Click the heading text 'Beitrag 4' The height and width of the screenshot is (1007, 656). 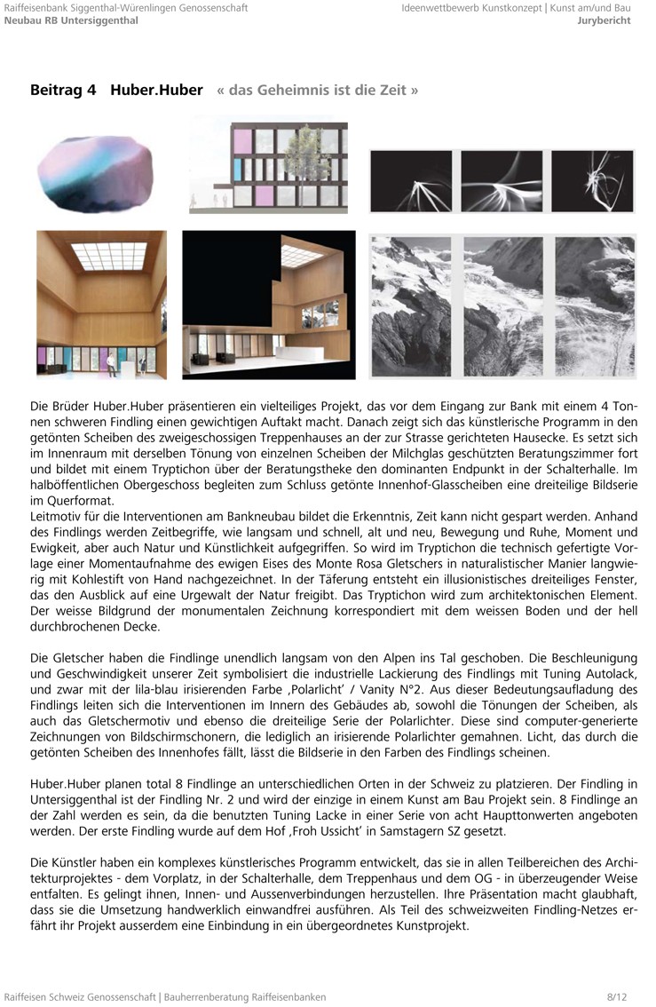pyautogui.click(x=62, y=90)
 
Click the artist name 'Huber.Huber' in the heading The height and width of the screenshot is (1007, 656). pyautogui.click(x=156, y=90)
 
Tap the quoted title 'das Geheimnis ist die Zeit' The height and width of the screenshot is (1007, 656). pyautogui.click(x=317, y=91)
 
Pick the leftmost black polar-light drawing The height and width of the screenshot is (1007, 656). pyautogui.click(x=410, y=181)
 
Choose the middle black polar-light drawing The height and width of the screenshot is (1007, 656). pyautogui.click(x=502, y=181)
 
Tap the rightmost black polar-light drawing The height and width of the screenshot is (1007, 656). pyautogui.click(x=592, y=181)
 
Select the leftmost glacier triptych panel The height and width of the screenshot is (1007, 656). pyautogui.click(x=413, y=306)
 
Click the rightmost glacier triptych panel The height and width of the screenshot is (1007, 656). pyautogui.click(x=591, y=306)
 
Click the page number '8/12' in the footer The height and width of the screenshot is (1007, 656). pyautogui.click(x=617, y=997)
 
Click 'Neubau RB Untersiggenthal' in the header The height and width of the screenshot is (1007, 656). pyautogui.click(x=71, y=20)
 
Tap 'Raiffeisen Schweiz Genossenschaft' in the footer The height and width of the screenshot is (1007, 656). pyautogui.click(x=80, y=997)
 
